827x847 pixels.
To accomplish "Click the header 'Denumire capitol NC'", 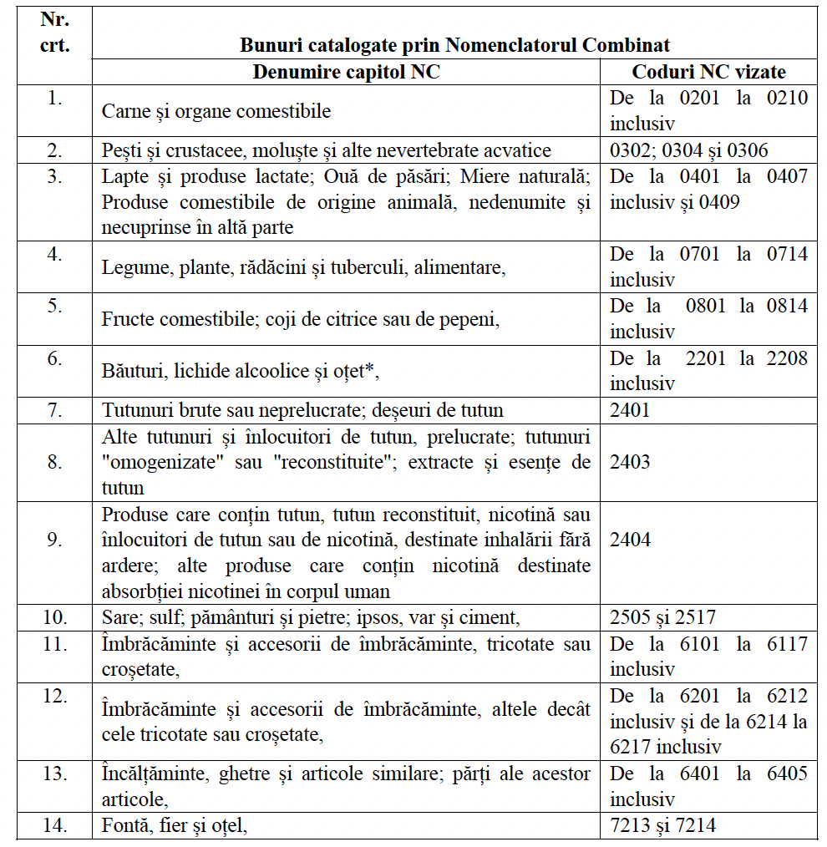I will pyautogui.click(x=346, y=72).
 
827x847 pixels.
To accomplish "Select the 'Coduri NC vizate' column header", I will pyautogui.click(x=708, y=72).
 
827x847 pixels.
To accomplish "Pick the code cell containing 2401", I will pyautogui.click(x=630, y=410).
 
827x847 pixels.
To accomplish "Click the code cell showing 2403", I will pyautogui.click(x=630, y=462).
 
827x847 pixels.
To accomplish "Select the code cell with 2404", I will pyautogui.click(x=630, y=540).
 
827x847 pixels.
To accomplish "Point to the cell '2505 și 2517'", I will pyautogui.click(x=662, y=617).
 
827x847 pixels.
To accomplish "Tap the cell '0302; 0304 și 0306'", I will pyautogui.click(x=689, y=150).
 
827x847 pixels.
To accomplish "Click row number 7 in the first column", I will pyautogui.click(x=55, y=410).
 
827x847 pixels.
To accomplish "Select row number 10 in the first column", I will pyautogui.click(x=55, y=617).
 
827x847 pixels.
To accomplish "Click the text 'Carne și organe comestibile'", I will pyautogui.click(x=216, y=111).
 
